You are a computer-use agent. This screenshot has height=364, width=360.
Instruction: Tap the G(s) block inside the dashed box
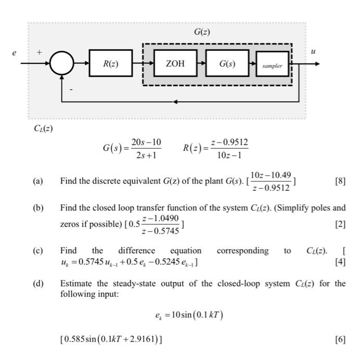226,64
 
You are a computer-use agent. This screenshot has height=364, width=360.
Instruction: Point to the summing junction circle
62,64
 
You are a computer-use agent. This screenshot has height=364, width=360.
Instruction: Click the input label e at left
14,53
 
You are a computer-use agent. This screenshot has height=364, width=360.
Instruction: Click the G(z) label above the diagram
202,32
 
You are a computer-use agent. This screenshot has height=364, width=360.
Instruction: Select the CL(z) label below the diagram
40,128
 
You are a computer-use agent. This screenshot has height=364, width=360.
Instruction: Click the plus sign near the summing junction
40,53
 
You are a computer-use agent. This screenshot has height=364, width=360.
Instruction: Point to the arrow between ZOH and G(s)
200,64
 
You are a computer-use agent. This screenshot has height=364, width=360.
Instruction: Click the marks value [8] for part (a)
341,181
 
